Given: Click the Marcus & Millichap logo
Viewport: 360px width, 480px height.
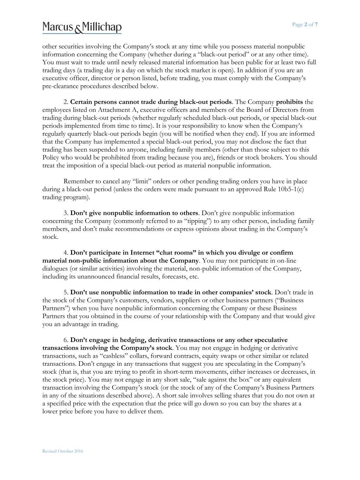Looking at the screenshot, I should click(x=82, y=27).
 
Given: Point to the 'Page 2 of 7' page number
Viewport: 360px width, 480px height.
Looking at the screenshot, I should click(x=305, y=24).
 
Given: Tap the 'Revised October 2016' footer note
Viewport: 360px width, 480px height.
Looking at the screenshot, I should click(x=63, y=451).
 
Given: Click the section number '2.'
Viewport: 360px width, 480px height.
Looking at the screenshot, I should click(x=66, y=102).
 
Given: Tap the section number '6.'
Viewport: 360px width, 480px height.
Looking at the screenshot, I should click(x=66, y=340).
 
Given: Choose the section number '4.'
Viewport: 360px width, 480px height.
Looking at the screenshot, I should click(x=66, y=253).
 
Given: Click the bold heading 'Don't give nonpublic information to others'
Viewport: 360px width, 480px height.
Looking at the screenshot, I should click(x=134, y=213).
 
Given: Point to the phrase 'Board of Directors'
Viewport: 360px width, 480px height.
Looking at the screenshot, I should click(x=269, y=110).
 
